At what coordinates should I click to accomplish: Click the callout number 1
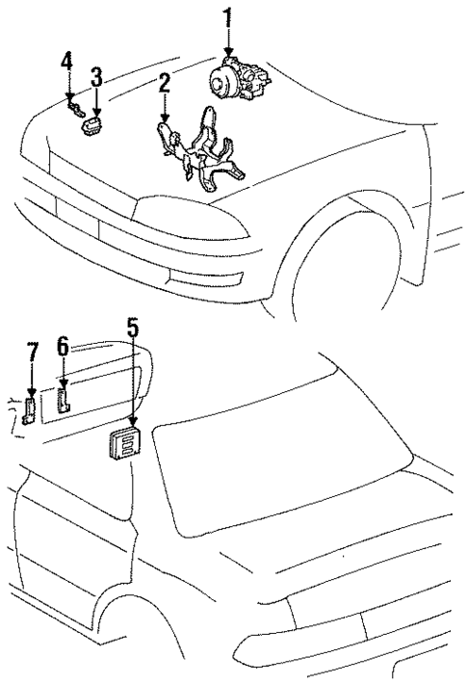point(228,17)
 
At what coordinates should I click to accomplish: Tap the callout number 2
point(165,83)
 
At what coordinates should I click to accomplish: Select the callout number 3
point(96,76)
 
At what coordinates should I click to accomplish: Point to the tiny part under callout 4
point(73,109)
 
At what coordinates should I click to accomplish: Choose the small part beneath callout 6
point(65,397)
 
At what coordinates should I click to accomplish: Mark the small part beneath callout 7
point(30,412)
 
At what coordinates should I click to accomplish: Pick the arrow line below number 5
point(133,385)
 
